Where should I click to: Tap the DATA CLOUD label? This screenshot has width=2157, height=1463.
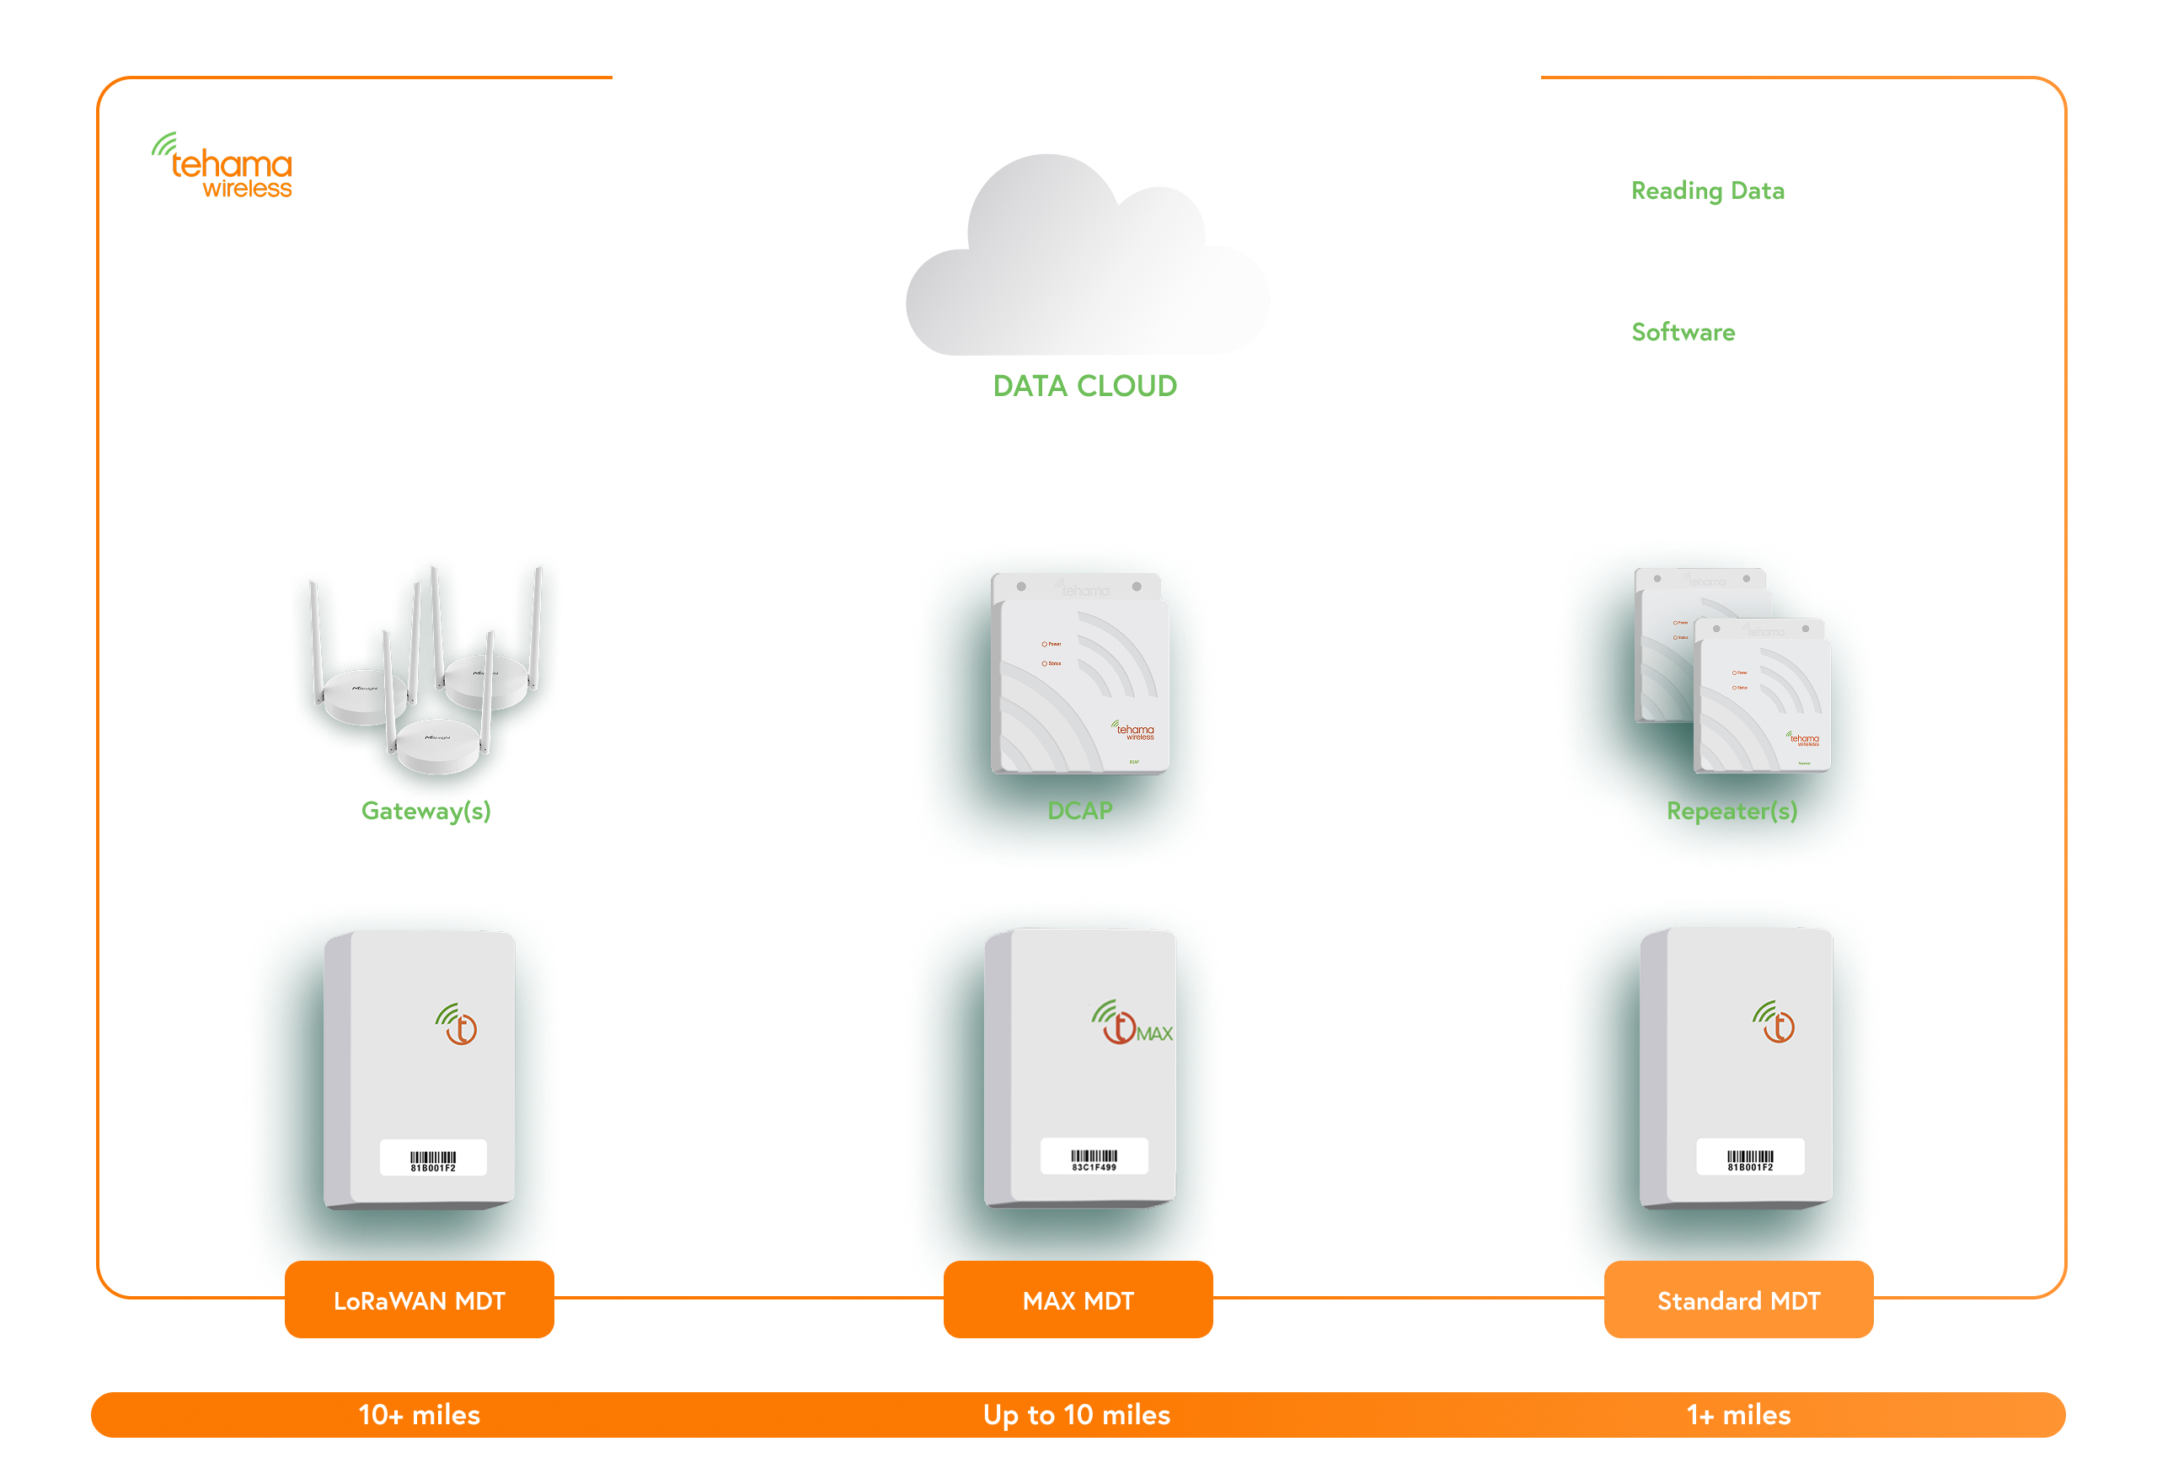1085,385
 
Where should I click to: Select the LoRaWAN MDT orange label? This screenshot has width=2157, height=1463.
420,1300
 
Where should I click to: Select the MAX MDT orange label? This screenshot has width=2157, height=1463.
1078,1300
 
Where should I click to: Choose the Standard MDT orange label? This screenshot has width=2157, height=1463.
1738,1300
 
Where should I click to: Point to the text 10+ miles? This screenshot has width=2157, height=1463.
420,1414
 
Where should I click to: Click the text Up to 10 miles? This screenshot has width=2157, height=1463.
1077,1414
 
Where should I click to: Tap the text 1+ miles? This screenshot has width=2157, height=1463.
1738,1414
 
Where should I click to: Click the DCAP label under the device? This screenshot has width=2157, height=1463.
1079,811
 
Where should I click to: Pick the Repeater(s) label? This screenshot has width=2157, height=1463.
1731,812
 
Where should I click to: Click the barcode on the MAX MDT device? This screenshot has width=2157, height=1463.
1095,1158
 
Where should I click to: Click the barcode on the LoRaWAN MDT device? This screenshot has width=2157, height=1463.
433,1159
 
